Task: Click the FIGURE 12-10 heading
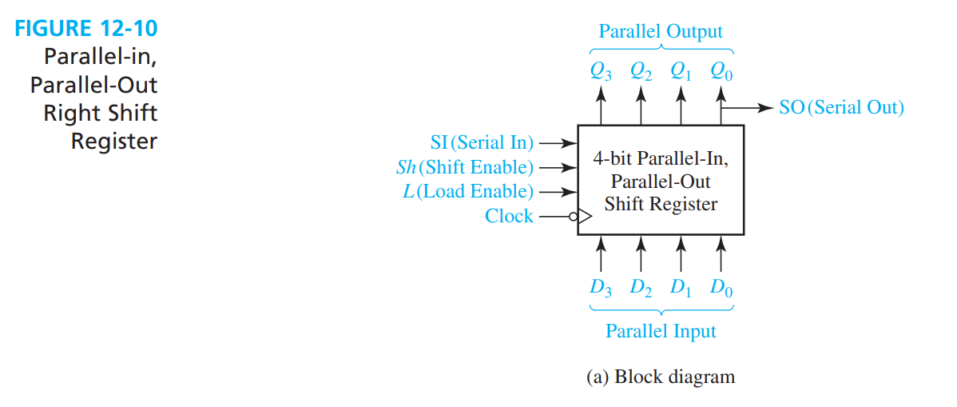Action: pyautogui.click(x=87, y=30)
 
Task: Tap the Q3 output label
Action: pyautogui.click(x=602, y=71)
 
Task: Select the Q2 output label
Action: pyautogui.click(x=641, y=71)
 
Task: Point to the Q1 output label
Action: pyautogui.click(x=681, y=71)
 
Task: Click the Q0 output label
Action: pyautogui.click(x=721, y=71)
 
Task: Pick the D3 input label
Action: pyautogui.click(x=602, y=287)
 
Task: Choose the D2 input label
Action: pyautogui.click(x=641, y=287)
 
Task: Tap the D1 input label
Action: pyautogui.click(x=681, y=287)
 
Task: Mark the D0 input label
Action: pyautogui.click(x=721, y=287)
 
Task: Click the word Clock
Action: pyautogui.click(x=509, y=216)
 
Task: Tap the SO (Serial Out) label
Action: pyautogui.click(x=841, y=107)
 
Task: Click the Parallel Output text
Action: pyautogui.click(x=661, y=32)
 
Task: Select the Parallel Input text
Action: pyautogui.click(x=661, y=330)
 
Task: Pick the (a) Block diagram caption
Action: pyautogui.click(x=661, y=377)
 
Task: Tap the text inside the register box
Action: pyautogui.click(x=661, y=182)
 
